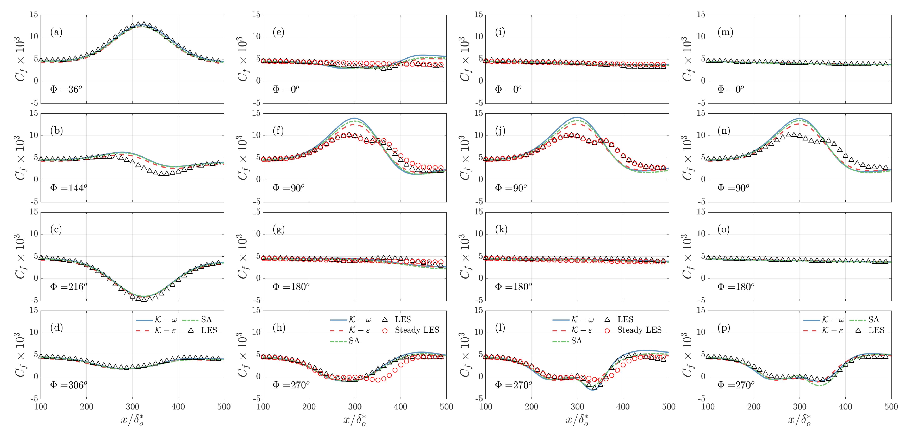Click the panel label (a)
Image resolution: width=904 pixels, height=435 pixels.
click(56, 32)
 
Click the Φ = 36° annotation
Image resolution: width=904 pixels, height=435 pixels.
click(66, 90)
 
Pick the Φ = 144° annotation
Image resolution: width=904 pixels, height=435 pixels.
click(69, 188)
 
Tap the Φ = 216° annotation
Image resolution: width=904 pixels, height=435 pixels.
click(69, 287)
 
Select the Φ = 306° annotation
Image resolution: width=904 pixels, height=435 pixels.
click(69, 385)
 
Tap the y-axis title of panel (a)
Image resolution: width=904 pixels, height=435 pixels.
click(20, 59)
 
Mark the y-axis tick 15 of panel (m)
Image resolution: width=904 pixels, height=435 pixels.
click(701, 15)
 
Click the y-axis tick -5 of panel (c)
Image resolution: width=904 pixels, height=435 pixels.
click(34, 301)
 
